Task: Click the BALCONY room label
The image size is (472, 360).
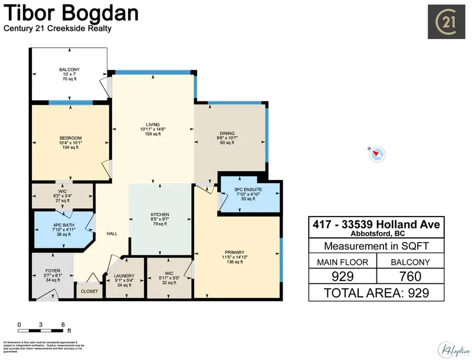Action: point(69,70)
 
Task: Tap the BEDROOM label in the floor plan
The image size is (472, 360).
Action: point(70,138)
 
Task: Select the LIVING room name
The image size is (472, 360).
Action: point(153,124)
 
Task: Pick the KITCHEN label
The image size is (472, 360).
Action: point(160,214)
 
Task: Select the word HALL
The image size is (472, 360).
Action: point(112,234)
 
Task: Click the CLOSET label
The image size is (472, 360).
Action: point(90,291)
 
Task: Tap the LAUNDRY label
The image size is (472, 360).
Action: point(124,277)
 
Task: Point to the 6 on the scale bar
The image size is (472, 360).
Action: point(63,325)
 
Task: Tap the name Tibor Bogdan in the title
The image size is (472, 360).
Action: point(71,13)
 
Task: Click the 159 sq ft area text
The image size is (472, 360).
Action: point(153,135)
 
